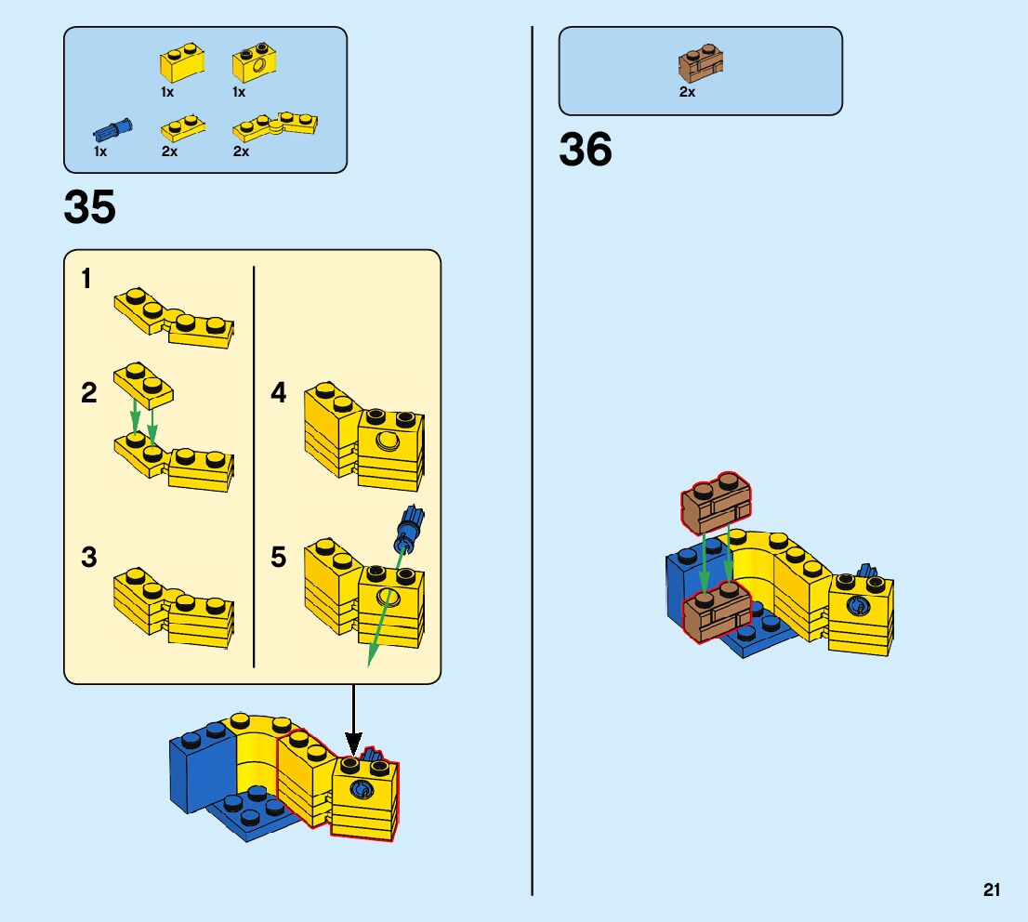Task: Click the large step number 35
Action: coord(90,207)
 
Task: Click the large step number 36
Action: coord(586,150)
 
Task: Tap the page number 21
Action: coord(992,890)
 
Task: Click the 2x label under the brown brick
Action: coord(687,92)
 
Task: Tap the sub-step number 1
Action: coord(86,279)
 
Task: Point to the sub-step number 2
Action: coord(88,393)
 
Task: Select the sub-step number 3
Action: coord(88,558)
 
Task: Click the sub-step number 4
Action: coord(279,393)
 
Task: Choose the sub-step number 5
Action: coord(279,558)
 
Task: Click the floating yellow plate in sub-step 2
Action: coord(144,385)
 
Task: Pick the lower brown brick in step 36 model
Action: coord(717,612)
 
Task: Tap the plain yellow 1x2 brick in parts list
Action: coord(182,63)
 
